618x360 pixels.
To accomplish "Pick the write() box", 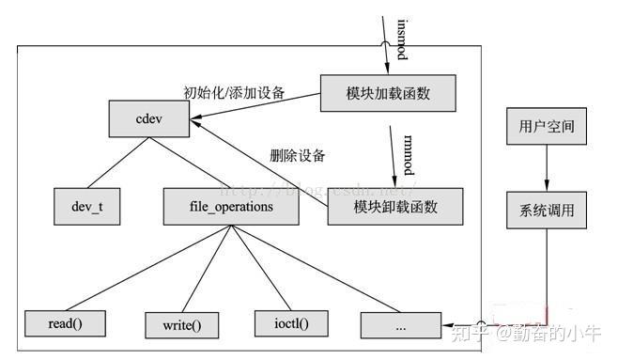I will (x=182, y=325).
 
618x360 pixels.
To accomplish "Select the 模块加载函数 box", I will (x=389, y=93).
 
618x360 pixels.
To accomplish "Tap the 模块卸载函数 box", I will (x=395, y=206).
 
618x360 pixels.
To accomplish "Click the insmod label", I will (x=401, y=38).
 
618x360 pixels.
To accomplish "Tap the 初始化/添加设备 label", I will (x=234, y=93).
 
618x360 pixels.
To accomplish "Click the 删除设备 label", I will (x=298, y=155).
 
